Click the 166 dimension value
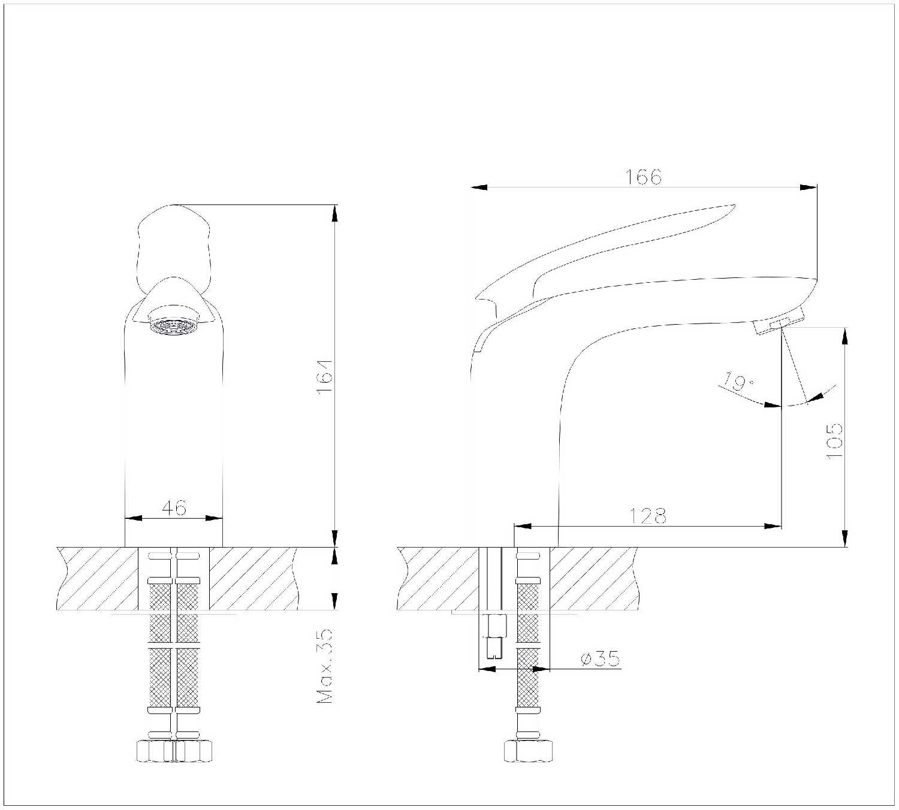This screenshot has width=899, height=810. (643, 177)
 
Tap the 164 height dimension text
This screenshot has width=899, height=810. (324, 376)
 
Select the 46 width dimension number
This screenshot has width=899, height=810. (174, 507)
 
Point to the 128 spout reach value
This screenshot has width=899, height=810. (648, 516)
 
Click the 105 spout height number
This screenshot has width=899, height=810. (834, 441)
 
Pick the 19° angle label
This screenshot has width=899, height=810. (738, 381)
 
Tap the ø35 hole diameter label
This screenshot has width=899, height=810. (600, 658)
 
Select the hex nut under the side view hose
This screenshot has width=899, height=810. (528, 751)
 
